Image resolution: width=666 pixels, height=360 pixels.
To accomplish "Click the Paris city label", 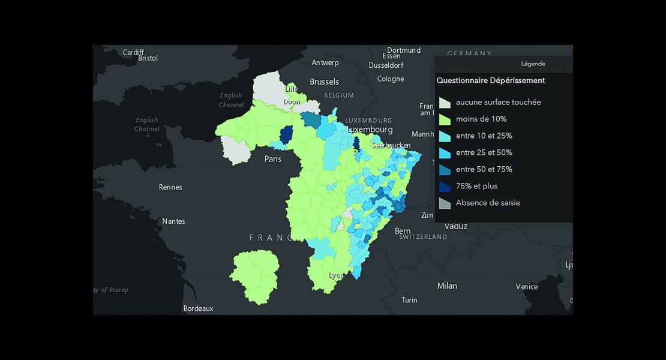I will (x=273, y=159).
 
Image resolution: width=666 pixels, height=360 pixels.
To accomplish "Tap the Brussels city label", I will (x=324, y=82).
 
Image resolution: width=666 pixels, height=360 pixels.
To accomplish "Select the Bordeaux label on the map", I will (x=198, y=308).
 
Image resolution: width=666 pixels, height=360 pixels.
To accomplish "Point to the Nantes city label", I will (x=173, y=221).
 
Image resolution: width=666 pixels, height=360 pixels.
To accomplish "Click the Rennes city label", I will (x=170, y=187).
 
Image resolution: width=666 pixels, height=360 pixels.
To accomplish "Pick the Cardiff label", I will (x=133, y=52).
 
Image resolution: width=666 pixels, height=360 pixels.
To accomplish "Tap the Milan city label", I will (x=447, y=286).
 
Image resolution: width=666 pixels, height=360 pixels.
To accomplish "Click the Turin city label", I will (x=409, y=300).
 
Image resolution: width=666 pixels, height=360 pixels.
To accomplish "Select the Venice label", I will (x=526, y=287).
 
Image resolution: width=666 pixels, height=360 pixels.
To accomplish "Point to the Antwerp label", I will (x=325, y=62).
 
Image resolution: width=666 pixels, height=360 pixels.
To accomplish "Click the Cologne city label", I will (x=391, y=79).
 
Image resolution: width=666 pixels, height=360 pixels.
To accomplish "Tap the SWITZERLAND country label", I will (x=423, y=237).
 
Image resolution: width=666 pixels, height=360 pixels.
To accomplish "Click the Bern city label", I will (x=403, y=231).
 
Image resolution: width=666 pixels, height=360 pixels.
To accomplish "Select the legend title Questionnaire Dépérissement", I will (x=490, y=80).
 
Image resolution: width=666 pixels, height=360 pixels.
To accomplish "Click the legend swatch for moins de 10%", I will (x=444, y=119).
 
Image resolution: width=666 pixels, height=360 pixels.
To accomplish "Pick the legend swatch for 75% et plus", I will (x=444, y=187).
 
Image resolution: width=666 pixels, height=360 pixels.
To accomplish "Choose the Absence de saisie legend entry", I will (x=487, y=203).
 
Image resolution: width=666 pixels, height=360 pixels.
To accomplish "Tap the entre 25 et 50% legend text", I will (x=484, y=152).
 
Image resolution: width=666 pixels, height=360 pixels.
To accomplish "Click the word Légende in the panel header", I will (x=533, y=64).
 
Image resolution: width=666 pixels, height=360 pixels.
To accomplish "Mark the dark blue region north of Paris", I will (x=287, y=134).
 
